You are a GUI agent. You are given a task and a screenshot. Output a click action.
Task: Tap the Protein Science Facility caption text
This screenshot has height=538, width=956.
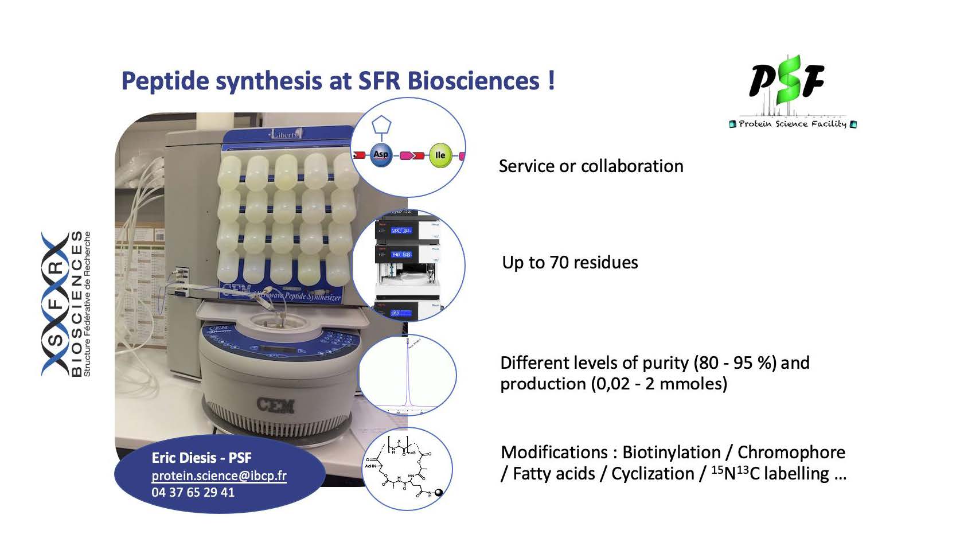click(x=792, y=124)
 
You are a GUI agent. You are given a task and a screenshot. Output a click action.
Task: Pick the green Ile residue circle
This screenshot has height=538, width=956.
click(x=440, y=155)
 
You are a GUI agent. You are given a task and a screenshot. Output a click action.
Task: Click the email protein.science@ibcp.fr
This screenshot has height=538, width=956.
click(x=218, y=475)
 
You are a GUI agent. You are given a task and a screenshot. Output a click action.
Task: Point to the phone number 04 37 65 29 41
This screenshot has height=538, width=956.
click(x=193, y=492)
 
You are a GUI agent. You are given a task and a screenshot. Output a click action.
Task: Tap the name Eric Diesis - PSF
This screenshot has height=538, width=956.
click(x=201, y=458)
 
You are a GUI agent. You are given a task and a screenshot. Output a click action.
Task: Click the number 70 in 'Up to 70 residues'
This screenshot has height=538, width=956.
click(x=559, y=263)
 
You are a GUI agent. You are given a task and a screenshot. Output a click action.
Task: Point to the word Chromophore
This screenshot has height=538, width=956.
click(x=791, y=453)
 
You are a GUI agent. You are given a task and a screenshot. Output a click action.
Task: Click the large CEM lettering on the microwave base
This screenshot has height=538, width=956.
click(x=276, y=406)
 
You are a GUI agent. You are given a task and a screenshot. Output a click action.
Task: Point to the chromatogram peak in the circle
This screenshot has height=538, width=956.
click(x=407, y=373)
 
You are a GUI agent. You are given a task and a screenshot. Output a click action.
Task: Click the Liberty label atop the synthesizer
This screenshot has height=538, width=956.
click(x=285, y=134)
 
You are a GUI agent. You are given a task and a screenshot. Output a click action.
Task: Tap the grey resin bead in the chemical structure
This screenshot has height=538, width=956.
click(x=439, y=492)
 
